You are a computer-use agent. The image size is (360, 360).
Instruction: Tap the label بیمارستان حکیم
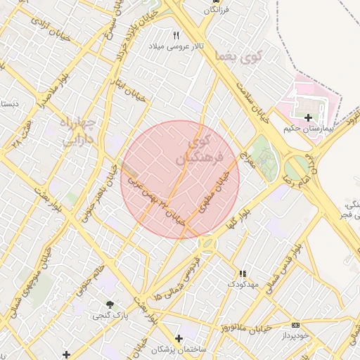(307, 129)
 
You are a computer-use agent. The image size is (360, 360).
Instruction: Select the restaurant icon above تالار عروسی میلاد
(176, 34)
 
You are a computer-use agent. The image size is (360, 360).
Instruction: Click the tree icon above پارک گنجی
(110, 304)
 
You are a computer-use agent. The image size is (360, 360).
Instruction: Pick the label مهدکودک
(243, 284)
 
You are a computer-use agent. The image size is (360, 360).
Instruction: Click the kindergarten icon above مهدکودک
(243, 274)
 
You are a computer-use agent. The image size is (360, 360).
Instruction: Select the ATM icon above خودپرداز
(295, 326)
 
